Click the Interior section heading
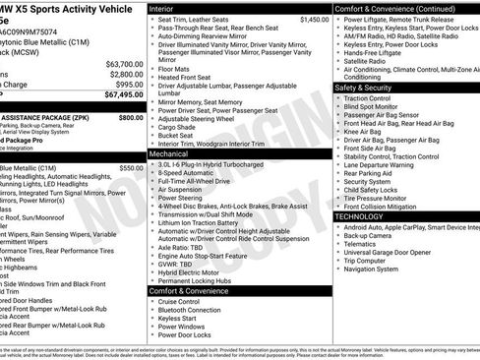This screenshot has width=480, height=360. coord(168,8)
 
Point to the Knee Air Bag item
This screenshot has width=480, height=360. coord(365,131)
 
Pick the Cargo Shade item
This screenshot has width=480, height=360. coord(179,127)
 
